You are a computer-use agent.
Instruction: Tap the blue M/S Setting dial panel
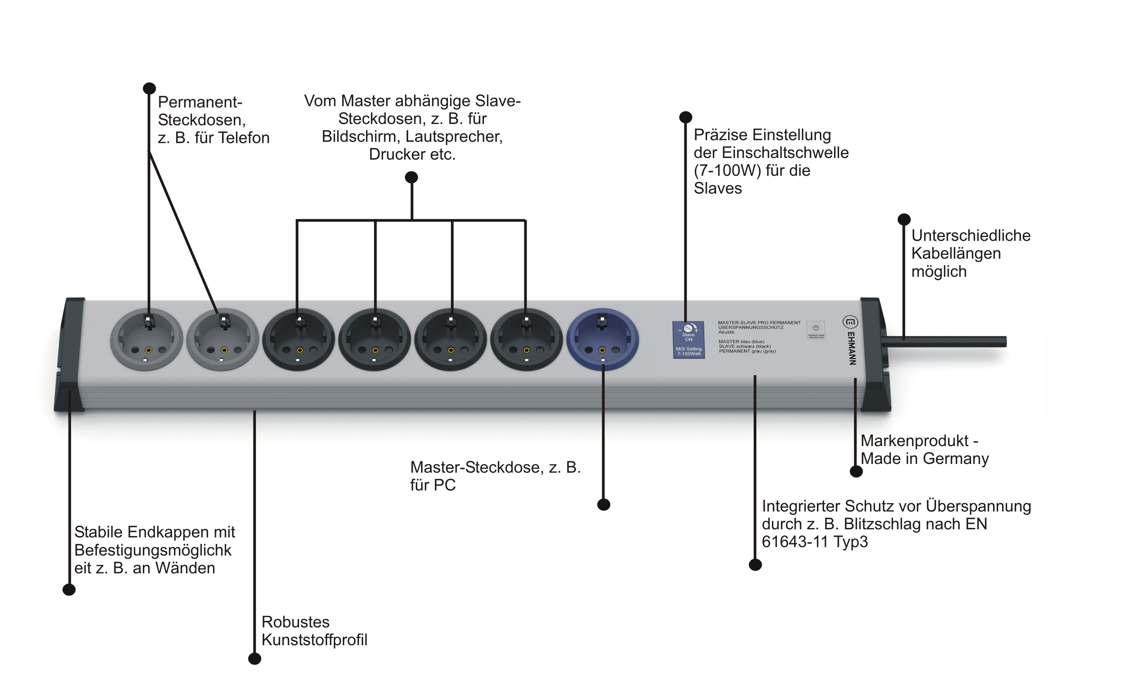click(x=689, y=340)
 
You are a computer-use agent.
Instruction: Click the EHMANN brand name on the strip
click(x=852, y=348)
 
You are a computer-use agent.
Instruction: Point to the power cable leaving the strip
click(x=946, y=342)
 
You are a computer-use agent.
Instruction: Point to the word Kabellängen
click(x=956, y=253)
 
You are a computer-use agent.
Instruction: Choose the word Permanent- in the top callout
click(x=200, y=102)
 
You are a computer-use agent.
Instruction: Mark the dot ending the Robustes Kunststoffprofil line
click(x=254, y=658)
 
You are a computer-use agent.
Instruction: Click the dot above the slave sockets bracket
click(x=411, y=177)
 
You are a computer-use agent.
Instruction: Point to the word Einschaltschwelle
click(x=785, y=152)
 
